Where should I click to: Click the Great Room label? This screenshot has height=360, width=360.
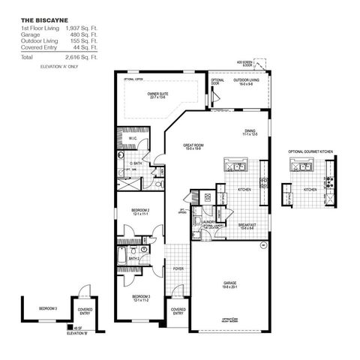195,147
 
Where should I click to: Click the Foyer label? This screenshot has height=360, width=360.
178,268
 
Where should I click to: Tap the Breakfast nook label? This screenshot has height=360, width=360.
248,225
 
